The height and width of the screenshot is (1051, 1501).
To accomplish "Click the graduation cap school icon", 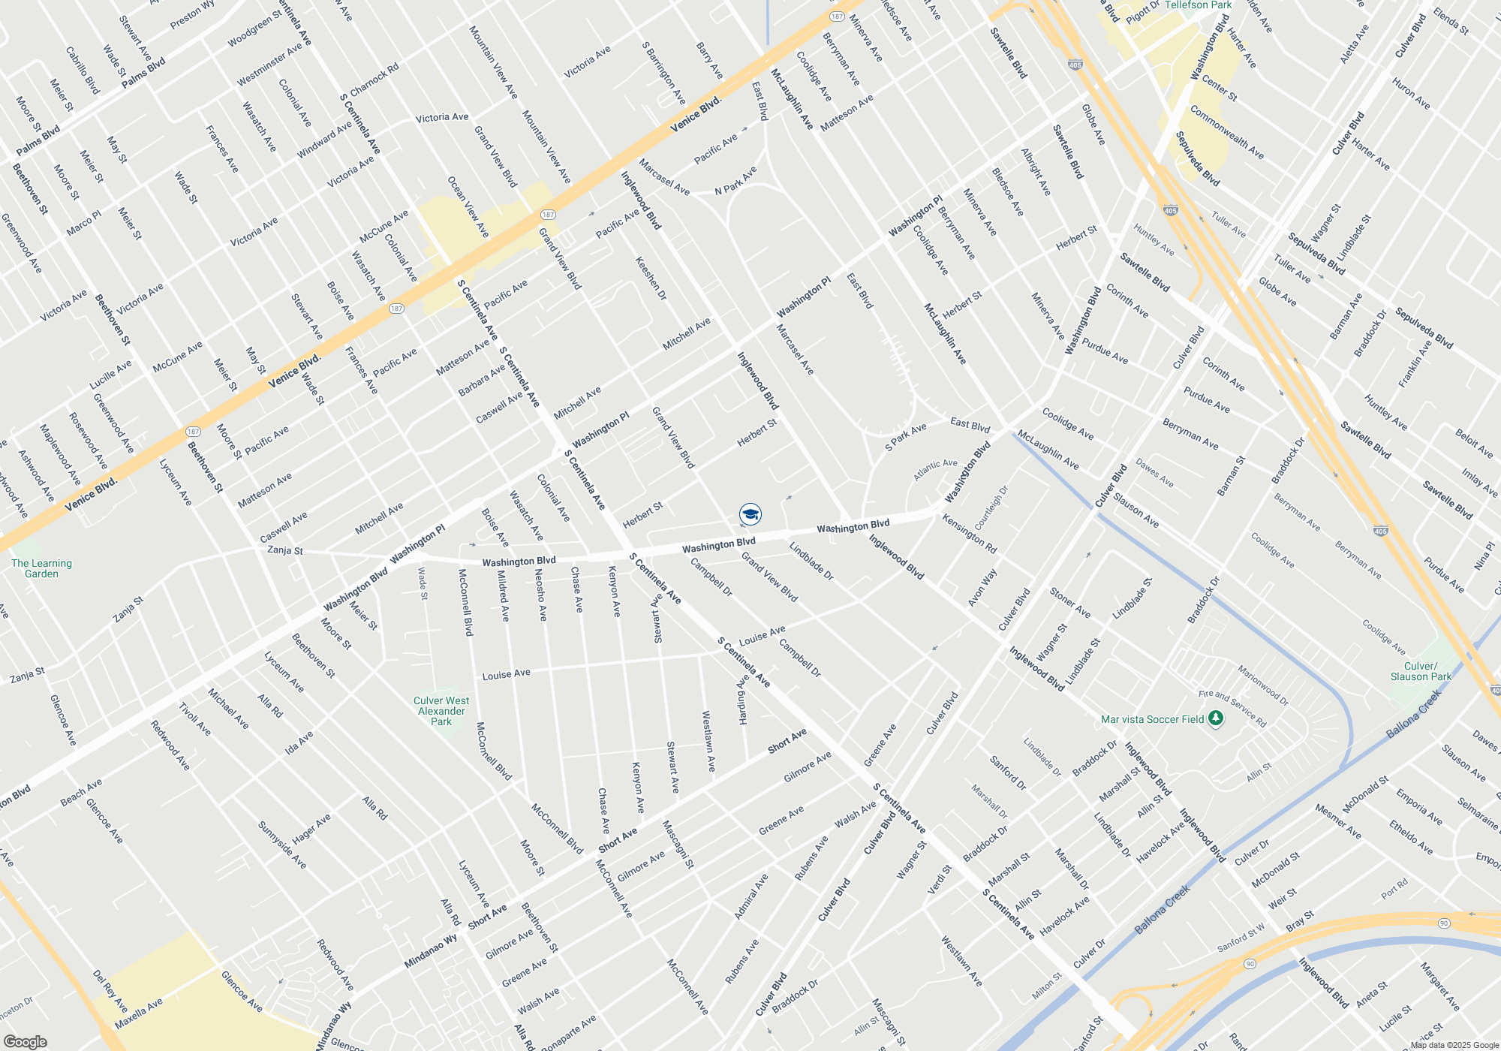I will (750, 514).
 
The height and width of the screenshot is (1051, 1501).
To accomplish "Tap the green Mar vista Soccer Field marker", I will (1216, 719).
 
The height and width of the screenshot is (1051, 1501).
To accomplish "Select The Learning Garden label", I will (41, 568).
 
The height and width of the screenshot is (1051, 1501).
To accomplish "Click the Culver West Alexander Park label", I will (441, 711).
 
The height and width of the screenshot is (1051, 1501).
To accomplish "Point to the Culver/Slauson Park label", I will (1420, 671).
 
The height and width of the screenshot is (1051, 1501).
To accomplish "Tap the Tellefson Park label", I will (1198, 5).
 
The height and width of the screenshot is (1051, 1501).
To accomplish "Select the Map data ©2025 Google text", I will (1454, 1045).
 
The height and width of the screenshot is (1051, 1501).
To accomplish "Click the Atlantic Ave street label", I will (935, 470).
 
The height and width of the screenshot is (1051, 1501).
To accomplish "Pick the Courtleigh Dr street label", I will (991, 507).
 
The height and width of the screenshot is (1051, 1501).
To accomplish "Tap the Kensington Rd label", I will (969, 535).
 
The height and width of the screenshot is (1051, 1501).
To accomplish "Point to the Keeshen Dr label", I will (651, 278).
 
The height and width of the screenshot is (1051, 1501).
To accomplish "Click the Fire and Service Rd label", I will (1232, 709).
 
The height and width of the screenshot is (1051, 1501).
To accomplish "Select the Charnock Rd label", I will (374, 80).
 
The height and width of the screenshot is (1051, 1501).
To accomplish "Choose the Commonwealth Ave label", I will (1226, 132).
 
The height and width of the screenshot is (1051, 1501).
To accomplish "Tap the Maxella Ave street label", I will (139, 1014).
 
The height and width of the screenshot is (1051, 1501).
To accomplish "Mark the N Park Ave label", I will (735, 181).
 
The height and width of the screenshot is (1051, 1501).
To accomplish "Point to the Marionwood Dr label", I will (1262, 686).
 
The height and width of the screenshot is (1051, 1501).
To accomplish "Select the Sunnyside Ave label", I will (282, 845).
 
